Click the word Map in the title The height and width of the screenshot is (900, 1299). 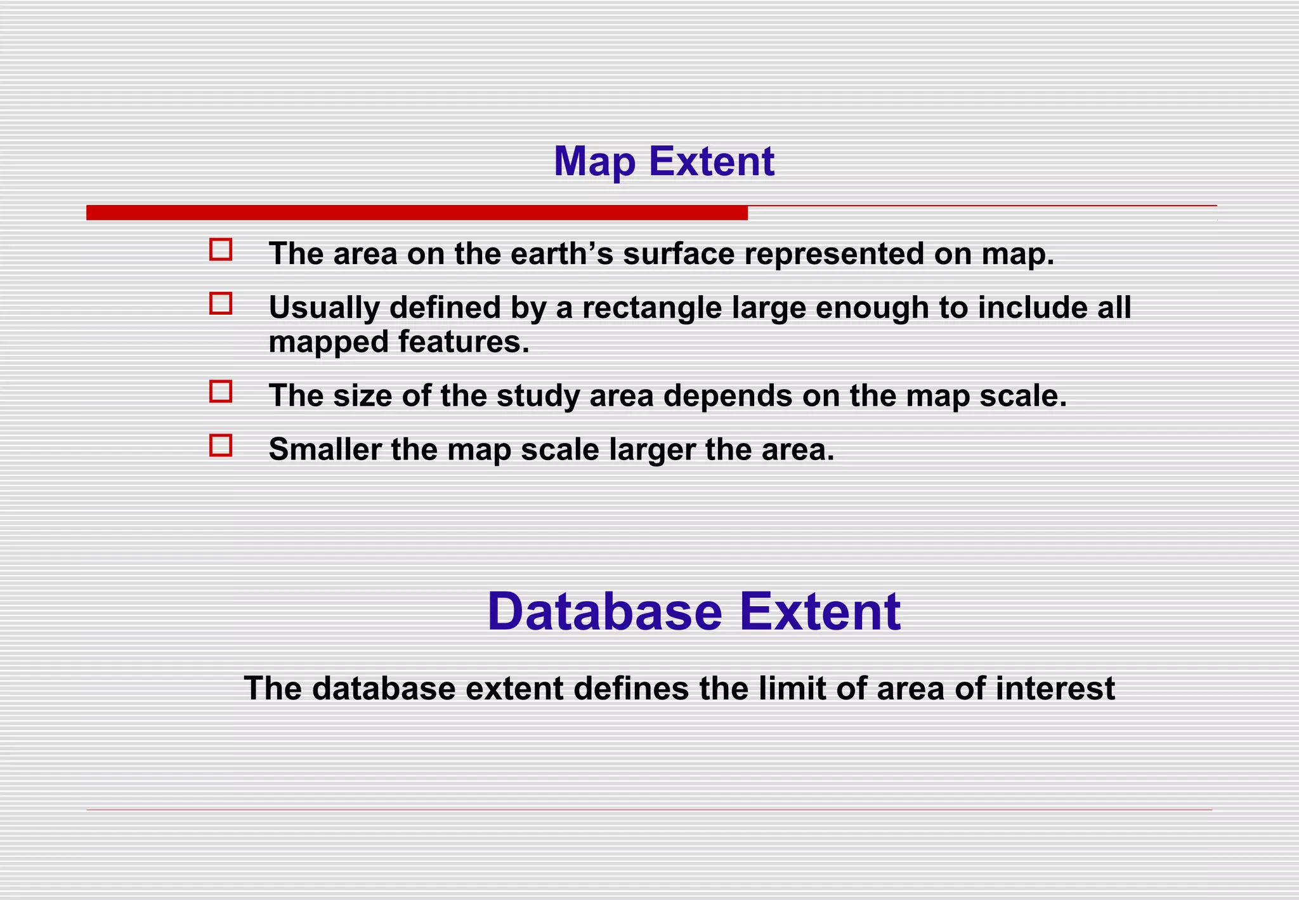594,162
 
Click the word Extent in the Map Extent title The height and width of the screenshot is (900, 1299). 711,162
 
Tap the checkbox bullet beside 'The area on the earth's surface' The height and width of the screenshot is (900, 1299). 221,249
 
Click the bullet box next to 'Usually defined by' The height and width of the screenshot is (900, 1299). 221,303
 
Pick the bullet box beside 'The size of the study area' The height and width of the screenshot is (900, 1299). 221,392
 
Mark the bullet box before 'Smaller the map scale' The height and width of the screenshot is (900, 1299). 221,446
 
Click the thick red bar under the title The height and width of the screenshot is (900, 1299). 417,213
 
